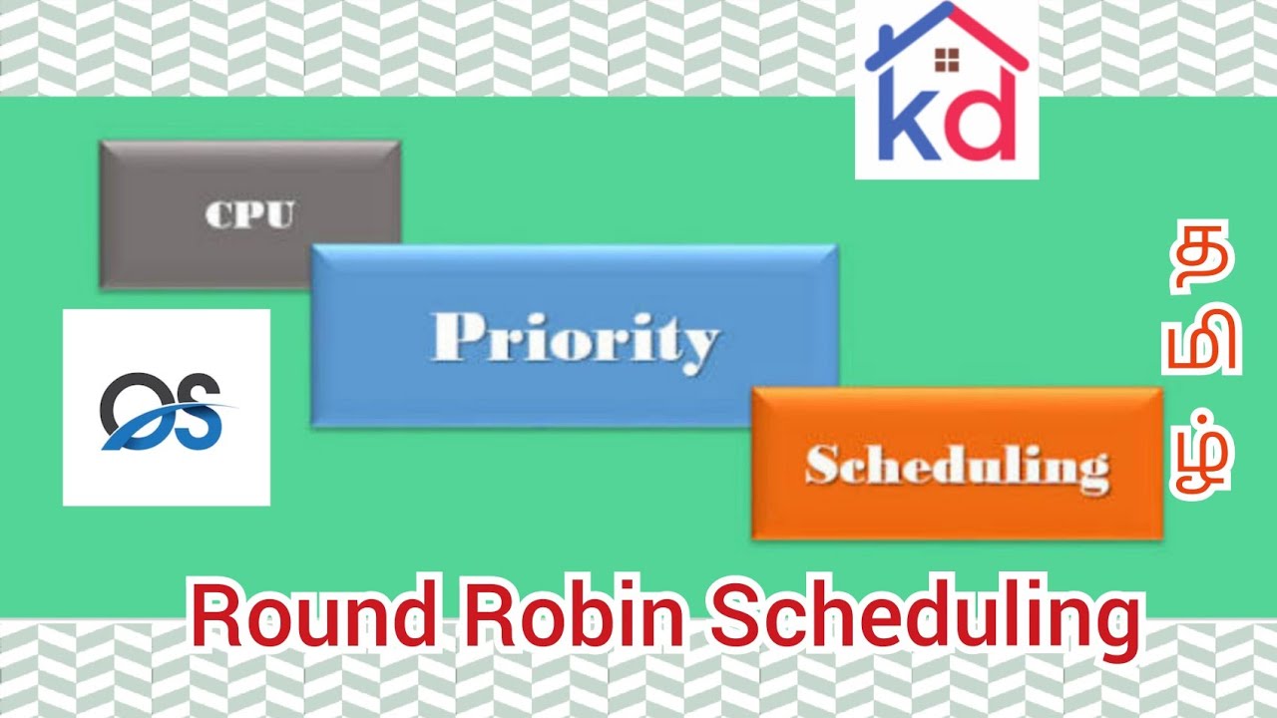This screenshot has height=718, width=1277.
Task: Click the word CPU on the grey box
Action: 249,214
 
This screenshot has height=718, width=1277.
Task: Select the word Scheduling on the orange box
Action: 957,466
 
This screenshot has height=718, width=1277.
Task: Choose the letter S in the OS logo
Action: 201,411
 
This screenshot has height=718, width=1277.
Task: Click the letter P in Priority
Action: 452,337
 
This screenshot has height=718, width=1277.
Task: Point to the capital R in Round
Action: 214,620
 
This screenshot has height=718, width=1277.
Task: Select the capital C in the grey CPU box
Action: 218,214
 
